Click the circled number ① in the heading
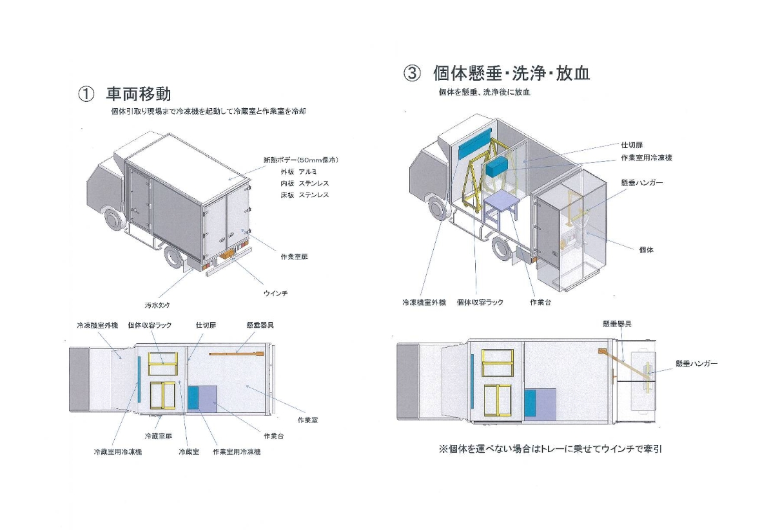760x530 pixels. [86, 94]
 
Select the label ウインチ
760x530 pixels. [275, 294]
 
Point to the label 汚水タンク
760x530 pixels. [157, 305]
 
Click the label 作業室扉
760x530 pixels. [294, 256]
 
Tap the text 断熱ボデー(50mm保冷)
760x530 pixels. [300, 160]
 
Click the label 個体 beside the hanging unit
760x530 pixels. [645, 249]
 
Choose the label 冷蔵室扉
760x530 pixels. [159, 436]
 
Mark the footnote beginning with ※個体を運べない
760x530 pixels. [550, 449]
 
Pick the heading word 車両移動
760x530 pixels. [139, 94]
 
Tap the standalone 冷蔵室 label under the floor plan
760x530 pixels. [188, 452]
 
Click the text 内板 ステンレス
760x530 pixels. [304, 184]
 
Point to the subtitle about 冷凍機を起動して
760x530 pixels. [208, 111]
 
